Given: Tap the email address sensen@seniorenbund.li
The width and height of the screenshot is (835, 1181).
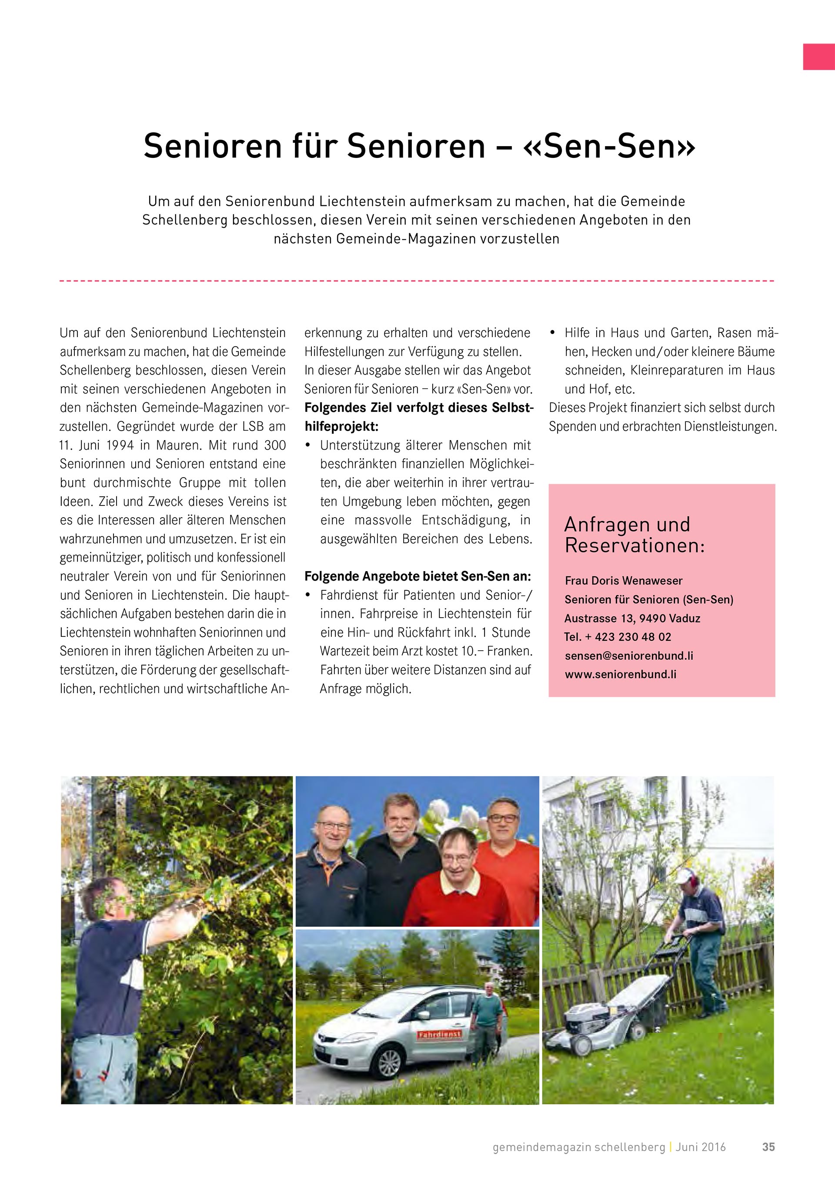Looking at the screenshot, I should click(x=628, y=656).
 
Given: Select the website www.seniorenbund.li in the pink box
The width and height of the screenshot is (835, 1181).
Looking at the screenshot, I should click(x=620, y=674).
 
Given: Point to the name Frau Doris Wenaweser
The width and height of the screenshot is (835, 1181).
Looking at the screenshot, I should click(x=623, y=581).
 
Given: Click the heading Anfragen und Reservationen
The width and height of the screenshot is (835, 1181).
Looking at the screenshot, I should click(x=634, y=535).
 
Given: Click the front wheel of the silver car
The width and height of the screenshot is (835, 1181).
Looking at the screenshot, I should click(x=389, y=1062).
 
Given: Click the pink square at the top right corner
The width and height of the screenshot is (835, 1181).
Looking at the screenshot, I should click(x=818, y=57).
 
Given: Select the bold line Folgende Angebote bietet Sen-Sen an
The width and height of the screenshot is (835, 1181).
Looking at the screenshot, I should click(x=417, y=576).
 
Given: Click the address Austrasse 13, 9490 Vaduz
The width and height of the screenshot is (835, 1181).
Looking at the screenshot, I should click(x=632, y=618).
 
